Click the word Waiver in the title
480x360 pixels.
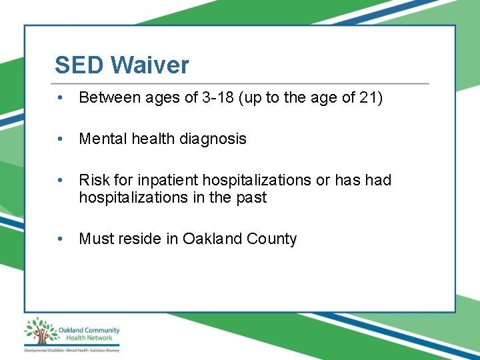150,65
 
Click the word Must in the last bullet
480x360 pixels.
95,239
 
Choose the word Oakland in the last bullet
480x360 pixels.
207,239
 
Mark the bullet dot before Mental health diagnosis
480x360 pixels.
61,139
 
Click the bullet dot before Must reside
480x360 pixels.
61,239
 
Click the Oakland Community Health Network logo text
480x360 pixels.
89,334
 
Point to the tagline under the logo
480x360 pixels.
71,350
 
